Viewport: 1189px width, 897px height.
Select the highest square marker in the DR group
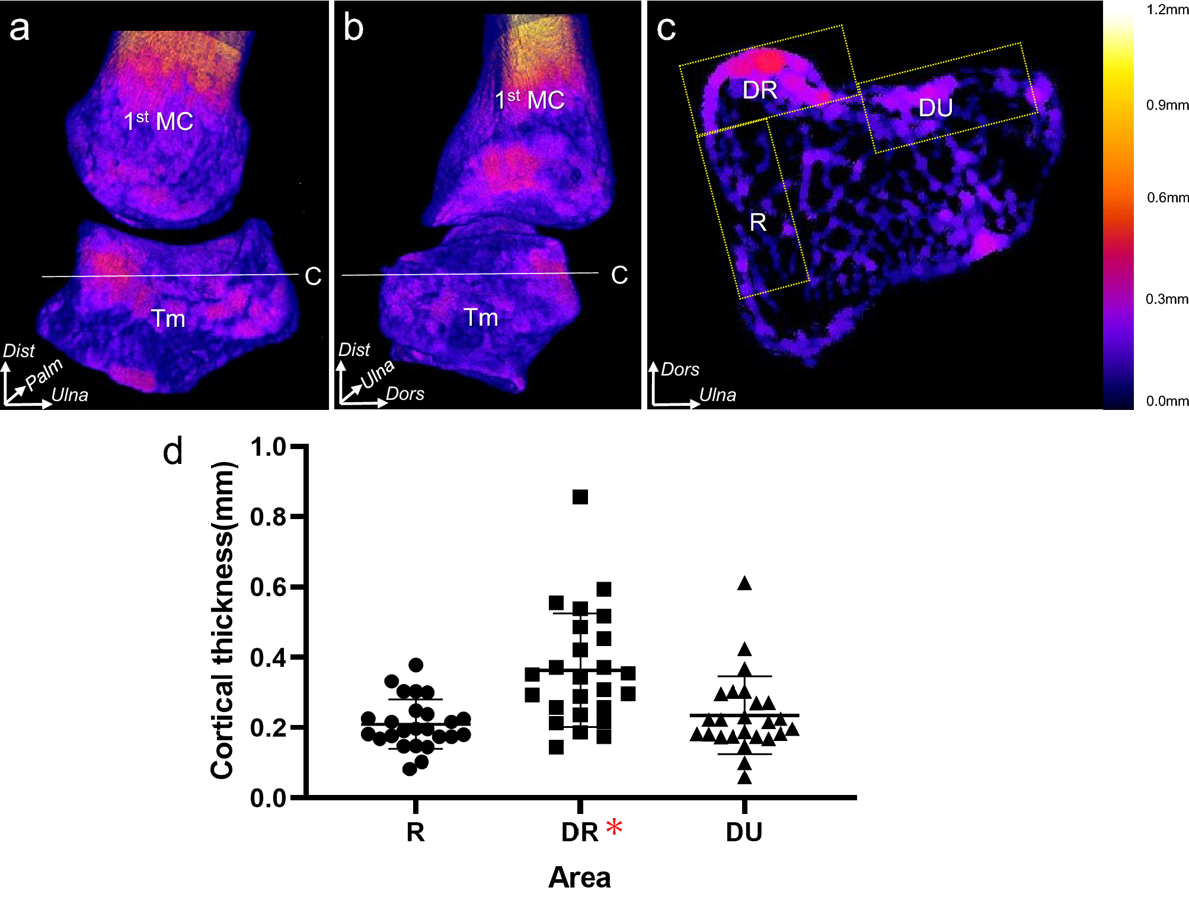click(x=580, y=497)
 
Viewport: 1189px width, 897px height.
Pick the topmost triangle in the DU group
click(x=744, y=584)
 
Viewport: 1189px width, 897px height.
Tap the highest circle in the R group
click(x=416, y=664)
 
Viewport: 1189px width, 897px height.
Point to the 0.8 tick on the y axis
click(x=269, y=517)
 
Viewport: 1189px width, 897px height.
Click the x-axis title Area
click(x=579, y=877)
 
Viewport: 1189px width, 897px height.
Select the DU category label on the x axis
click(x=744, y=832)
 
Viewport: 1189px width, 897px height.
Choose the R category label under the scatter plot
click(x=415, y=832)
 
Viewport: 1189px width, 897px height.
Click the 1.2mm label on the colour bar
click(x=1166, y=10)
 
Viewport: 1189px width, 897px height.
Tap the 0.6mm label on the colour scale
click(x=1167, y=198)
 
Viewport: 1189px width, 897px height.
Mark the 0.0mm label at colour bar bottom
click(x=1166, y=401)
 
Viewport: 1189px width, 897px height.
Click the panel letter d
click(x=172, y=452)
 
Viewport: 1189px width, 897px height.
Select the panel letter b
click(x=354, y=28)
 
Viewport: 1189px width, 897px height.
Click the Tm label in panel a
click(x=168, y=319)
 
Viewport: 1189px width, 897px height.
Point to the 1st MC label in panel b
click(x=529, y=100)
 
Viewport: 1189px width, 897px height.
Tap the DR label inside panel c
click(x=759, y=90)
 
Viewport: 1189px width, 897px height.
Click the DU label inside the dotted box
click(x=935, y=108)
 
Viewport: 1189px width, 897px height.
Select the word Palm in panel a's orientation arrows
click(x=44, y=373)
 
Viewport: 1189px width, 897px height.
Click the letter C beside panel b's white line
click(x=619, y=275)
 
